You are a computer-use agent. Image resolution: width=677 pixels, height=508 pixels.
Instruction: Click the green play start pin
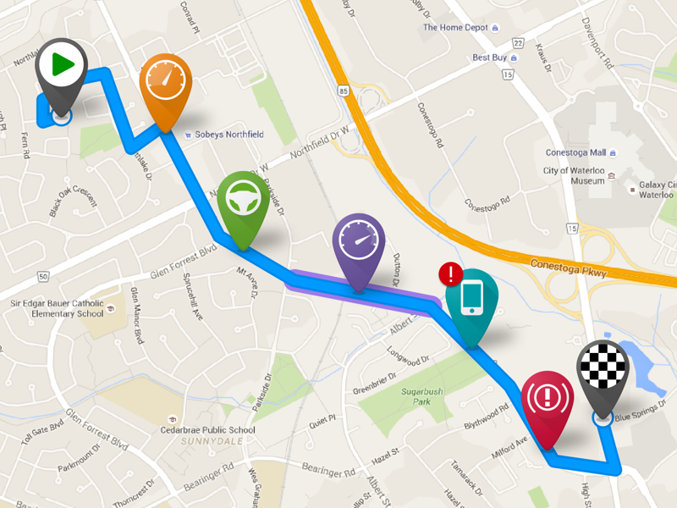(x=62, y=65)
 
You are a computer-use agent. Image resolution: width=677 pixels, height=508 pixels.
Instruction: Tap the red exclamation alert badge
(x=451, y=273)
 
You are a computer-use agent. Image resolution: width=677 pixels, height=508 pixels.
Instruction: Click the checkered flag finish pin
(x=603, y=369)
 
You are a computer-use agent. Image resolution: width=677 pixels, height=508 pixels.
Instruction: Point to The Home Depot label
(x=455, y=27)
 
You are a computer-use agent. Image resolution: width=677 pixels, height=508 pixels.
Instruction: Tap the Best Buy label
(x=489, y=58)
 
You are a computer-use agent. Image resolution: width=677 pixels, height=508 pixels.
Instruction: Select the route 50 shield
(x=42, y=277)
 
